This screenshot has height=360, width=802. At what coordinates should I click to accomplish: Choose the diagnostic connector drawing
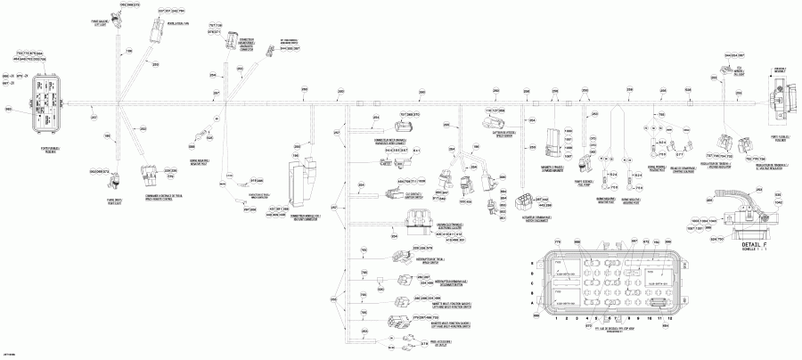[237, 46]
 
